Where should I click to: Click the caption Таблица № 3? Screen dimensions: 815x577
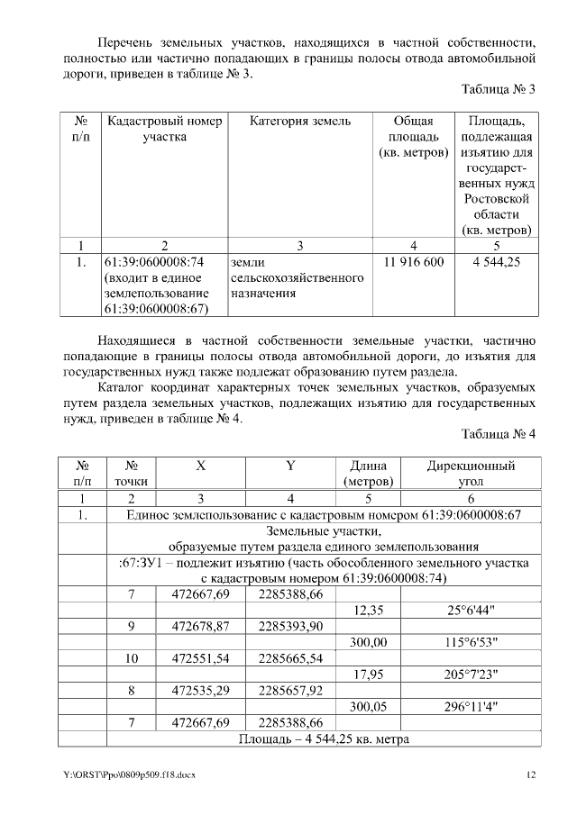click(x=498, y=90)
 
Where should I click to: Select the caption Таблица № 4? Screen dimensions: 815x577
click(x=498, y=434)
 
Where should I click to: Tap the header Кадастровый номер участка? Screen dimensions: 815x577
click(x=164, y=129)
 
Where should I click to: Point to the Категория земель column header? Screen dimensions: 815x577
click(x=300, y=121)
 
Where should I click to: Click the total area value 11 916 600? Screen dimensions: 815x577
click(x=414, y=262)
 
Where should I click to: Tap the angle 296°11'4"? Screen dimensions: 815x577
click(x=472, y=707)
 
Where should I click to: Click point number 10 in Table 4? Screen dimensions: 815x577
click(x=132, y=658)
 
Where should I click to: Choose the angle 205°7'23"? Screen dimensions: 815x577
click(x=472, y=675)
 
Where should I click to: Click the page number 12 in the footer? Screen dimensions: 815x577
click(x=532, y=774)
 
